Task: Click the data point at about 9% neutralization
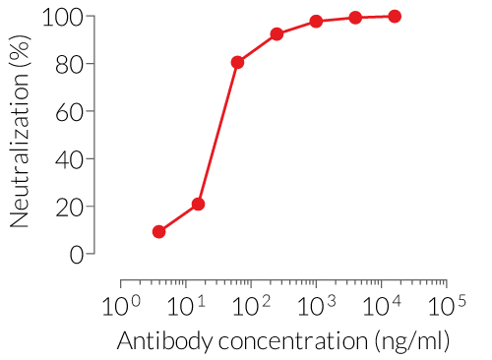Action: click(158, 232)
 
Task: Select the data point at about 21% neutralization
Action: click(198, 205)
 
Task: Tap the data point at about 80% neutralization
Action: click(237, 62)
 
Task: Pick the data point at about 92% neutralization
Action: click(277, 34)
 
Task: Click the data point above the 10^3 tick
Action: click(316, 21)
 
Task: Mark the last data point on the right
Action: click(395, 16)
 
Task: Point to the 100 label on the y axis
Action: click(63, 17)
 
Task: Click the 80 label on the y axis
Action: click(69, 64)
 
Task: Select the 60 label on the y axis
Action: click(69, 111)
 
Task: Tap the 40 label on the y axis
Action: click(69, 158)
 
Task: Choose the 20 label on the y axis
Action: click(69, 207)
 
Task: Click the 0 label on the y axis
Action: click(76, 254)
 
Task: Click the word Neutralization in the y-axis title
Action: click(19, 147)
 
